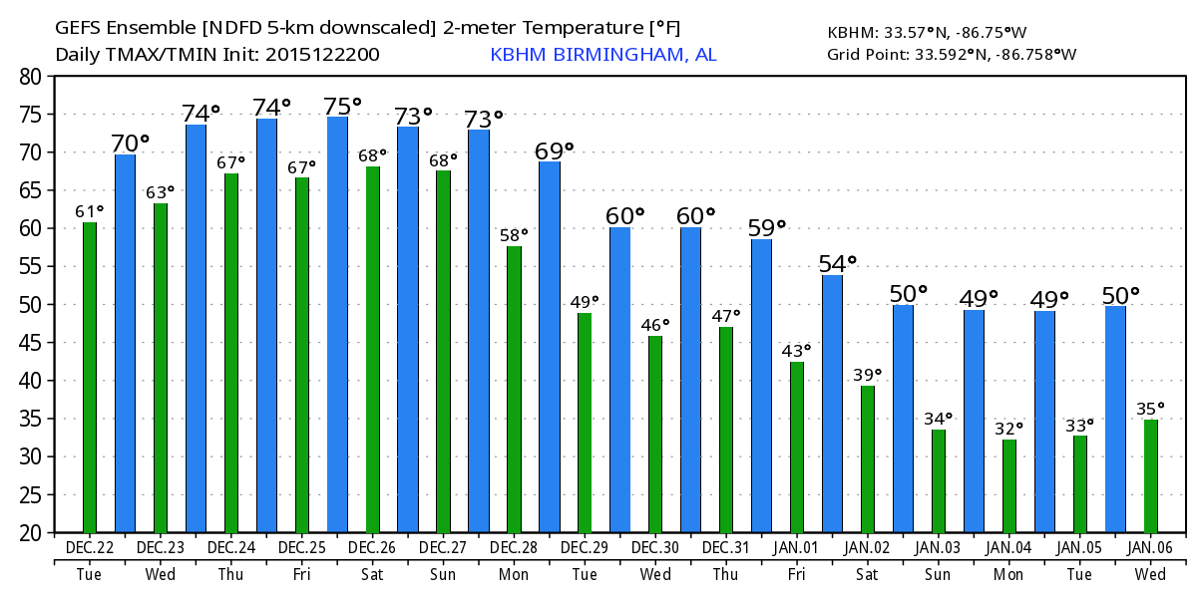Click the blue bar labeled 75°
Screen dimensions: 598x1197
click(x=337, y=324)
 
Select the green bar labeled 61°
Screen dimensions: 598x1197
click(x=90, y=377)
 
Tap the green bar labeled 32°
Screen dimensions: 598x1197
click(x=1009, y=485)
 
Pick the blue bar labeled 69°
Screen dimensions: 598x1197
click(x=550, y=347)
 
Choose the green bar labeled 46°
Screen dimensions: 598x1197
click(x=655, y=434)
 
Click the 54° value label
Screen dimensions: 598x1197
click(x=838, y=264)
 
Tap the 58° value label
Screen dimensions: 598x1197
click(x=514, y=236)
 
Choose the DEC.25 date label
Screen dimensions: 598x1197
click(x=301, y=548)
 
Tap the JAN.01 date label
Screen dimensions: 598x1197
click(x=796, y=548)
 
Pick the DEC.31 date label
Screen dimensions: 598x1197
click(x=725, y=548)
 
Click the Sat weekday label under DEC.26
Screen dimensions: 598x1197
click(x=372, y=575)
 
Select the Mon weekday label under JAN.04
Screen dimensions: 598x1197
click(x=1008, y=575)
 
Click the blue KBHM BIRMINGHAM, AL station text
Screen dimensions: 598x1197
click(x=602, y=55)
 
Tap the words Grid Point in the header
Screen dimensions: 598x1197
click(x=868, y=55)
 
